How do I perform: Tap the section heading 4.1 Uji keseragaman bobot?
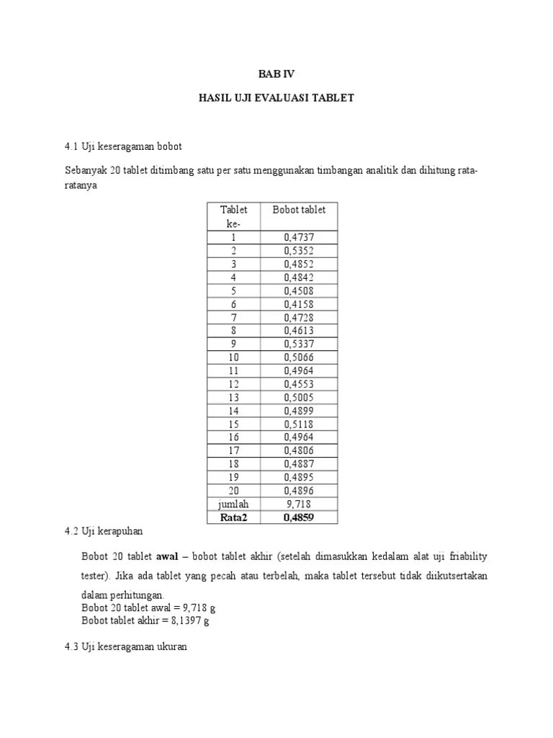click(x=123, y=147)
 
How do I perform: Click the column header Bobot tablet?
click(x=299, y=210)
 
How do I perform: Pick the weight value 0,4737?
click(x=299, y=237)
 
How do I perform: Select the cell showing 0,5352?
click(x=299, y=251)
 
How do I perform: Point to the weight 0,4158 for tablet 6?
click(x=299, y=304)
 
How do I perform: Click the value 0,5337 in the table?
click(x=299, y=344)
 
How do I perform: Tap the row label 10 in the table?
click(x=233, y=357)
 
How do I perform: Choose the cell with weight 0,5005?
click(x=299, y=397)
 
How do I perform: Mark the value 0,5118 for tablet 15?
click(x=299, y=424)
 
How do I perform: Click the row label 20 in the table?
click(x=233, y=491)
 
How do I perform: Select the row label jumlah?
click(x=233, y=504)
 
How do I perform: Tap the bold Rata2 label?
click(x=233, y=517)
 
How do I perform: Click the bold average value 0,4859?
click(x=299, y=517)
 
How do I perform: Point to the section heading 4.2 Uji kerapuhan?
click(x=104, y=532)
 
